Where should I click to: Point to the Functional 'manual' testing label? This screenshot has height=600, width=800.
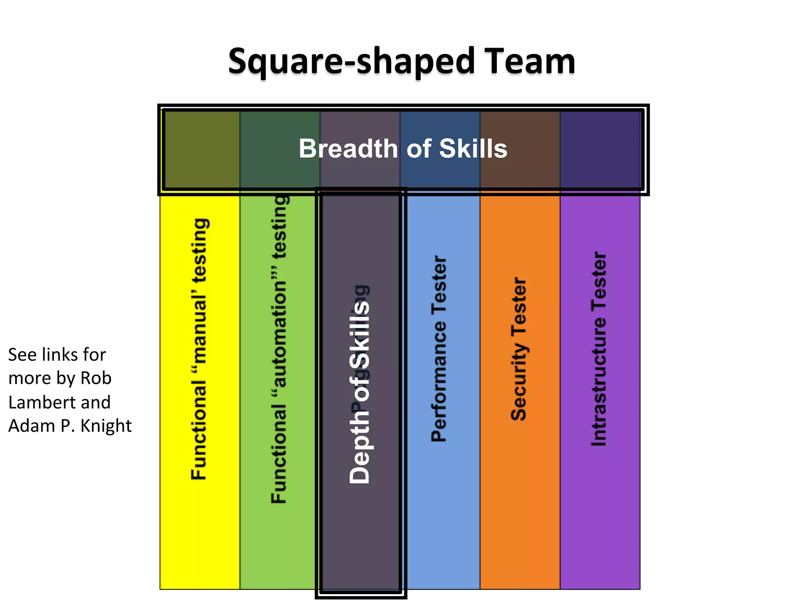click(199, 349)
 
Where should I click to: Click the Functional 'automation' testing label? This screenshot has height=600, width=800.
click(280, 349)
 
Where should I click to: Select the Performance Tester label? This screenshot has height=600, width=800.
click(439, 349)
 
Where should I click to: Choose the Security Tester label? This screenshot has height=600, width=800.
click(519, 349)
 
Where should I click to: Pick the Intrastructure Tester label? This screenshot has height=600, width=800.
click(599, 349)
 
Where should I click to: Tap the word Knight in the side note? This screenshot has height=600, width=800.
click(106, 426)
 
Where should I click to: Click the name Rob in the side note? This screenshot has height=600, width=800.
click(96, 378)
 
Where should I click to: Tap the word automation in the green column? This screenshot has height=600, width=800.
click(280, 334)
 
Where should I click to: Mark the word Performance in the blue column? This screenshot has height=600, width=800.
click(439, 381)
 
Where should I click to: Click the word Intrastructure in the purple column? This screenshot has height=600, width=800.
click(599, 381)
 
